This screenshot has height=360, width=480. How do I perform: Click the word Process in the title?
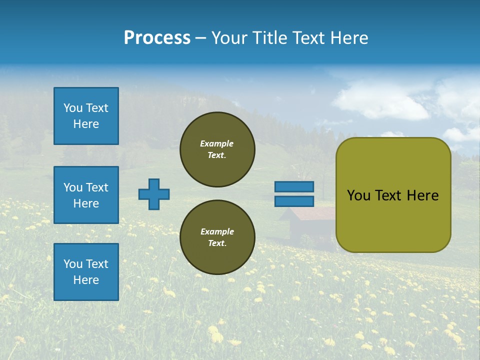pos(157,38)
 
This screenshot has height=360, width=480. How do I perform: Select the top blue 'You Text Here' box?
pos(86,116)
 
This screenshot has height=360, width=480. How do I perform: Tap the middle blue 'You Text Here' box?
pos(86,195)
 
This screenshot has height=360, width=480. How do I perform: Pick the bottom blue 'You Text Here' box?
pos(86,272)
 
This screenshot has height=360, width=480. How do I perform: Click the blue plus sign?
pos(154,194)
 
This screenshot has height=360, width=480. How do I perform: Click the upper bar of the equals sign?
pos(294,186)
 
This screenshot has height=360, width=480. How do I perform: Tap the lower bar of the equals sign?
pos(294,201)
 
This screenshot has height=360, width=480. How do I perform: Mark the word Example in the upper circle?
pos(217,143)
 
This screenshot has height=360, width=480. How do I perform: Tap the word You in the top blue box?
pos(73,108)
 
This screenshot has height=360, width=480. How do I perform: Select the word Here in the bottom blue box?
pos(86,280)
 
